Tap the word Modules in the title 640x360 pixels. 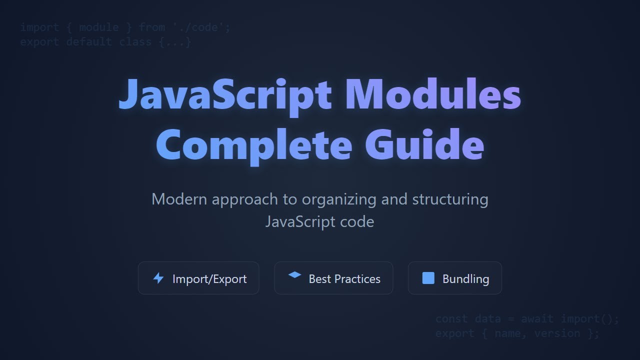[433, 95]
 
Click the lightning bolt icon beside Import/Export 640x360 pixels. [158, 278]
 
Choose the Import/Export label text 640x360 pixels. [209, 279]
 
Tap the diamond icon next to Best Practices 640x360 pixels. [295, 275]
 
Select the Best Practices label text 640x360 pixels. [344, 279]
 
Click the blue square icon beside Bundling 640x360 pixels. [428, 278]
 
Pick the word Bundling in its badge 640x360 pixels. [465, 279]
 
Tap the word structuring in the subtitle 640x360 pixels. [450, 199]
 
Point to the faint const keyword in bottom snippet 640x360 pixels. [451, 319]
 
